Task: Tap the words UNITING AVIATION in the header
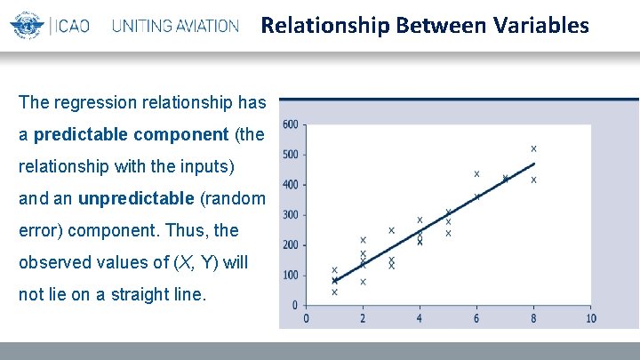pos(175,26)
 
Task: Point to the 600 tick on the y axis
pos(291,124)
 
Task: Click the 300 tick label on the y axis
pos(291,215)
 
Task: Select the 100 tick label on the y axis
pos(291,276)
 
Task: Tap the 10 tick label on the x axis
pos(590,318)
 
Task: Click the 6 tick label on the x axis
pos(476,318)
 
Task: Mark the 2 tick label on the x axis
pos(363,318)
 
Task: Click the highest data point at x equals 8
pos(533,148)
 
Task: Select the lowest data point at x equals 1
pos(334,292)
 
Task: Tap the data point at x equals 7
pos(505,179)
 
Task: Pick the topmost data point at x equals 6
pos(476,173)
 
